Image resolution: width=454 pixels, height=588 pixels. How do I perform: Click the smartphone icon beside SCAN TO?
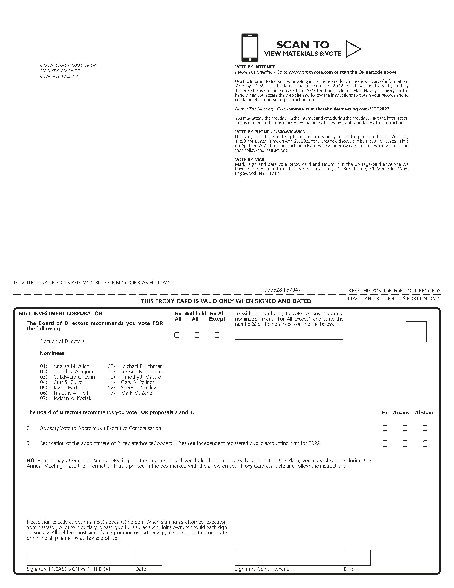[250, 48]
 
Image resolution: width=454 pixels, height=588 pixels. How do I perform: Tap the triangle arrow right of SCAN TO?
[352, 49]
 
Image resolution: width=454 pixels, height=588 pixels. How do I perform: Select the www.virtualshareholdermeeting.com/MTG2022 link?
[339, 109]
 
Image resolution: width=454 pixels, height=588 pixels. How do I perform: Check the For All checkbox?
[177, 335]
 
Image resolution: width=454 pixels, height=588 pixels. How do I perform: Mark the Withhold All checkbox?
[197, 335]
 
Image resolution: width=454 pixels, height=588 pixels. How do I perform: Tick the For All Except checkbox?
[217, 335]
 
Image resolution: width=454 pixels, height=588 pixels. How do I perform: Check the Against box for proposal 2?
[405, 428]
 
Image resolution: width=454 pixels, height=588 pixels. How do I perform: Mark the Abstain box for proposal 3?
[425, 443]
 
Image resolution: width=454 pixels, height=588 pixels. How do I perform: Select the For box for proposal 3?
[385, 443]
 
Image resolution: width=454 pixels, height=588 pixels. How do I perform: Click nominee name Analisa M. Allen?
[71, 366]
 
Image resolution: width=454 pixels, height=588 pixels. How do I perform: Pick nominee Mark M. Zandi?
[137, 393]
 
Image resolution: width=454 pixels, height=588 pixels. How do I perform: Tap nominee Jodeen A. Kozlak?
[72, 398]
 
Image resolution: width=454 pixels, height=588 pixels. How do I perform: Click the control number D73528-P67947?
[282, 290]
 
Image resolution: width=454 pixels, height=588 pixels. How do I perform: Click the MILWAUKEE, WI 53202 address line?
[59, 76]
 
